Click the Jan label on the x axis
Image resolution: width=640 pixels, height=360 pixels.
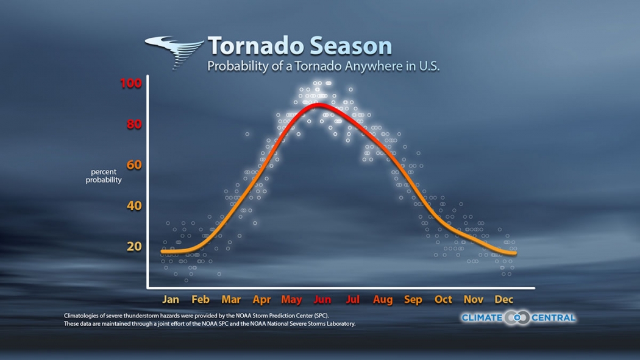click(x=171, y=300)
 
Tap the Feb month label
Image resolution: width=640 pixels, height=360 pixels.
click(x=201, y=300)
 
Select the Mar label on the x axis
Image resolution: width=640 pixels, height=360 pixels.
click(x=231, y=300)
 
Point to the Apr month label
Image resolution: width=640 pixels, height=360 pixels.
click(x=261, y=300)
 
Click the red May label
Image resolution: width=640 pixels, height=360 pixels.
click(x=292, y=300)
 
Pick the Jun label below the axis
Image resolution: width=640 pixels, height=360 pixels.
click(x=322, y=300)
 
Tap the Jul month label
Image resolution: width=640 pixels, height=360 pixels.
click(x=353, y=300)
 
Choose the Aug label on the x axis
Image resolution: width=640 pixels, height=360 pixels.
click(x=383, y=300)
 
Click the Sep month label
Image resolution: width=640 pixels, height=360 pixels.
click(x=413, y=300)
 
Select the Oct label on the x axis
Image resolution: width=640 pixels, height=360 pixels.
click(x=443, y=300)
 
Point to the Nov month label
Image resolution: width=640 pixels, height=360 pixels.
click(x=474, y=300)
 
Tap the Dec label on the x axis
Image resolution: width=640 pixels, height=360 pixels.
click(x=504, y=300)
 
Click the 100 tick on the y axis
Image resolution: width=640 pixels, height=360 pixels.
click(x=130, y=83)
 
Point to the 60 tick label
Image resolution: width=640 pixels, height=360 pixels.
click(x=133, y=165)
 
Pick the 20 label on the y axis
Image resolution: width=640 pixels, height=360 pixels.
click(x=133, y=247)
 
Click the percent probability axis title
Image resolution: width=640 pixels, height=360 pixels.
click(x=104, y=176)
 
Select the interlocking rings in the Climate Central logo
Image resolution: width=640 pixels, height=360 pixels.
click(x=517, y=317)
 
